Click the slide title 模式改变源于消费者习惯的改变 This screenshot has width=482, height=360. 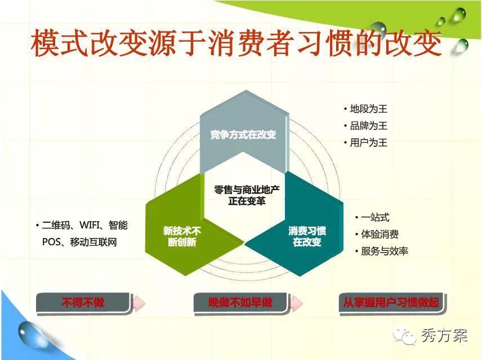click(236, 43)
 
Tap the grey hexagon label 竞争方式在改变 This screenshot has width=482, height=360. click(243, 134)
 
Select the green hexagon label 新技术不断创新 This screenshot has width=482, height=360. click(182, 236)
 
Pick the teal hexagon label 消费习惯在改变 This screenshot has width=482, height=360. click(307, 236)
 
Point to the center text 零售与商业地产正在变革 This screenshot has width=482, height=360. click(247, 195)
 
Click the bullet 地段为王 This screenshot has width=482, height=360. click(369, 109)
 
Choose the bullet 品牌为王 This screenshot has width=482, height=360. click(369, 125)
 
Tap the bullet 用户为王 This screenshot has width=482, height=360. click(369, 142)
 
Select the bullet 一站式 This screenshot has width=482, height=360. click(375, 218)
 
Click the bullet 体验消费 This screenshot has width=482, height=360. click(380, 235)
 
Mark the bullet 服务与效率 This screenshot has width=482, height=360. click(384, 251)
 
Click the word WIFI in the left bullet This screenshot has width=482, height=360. click(90, 225)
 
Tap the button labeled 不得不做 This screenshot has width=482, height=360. click(83, 303)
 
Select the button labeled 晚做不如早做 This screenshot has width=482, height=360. click(240, 303)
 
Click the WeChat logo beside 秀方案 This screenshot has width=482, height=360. click(404, 335)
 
